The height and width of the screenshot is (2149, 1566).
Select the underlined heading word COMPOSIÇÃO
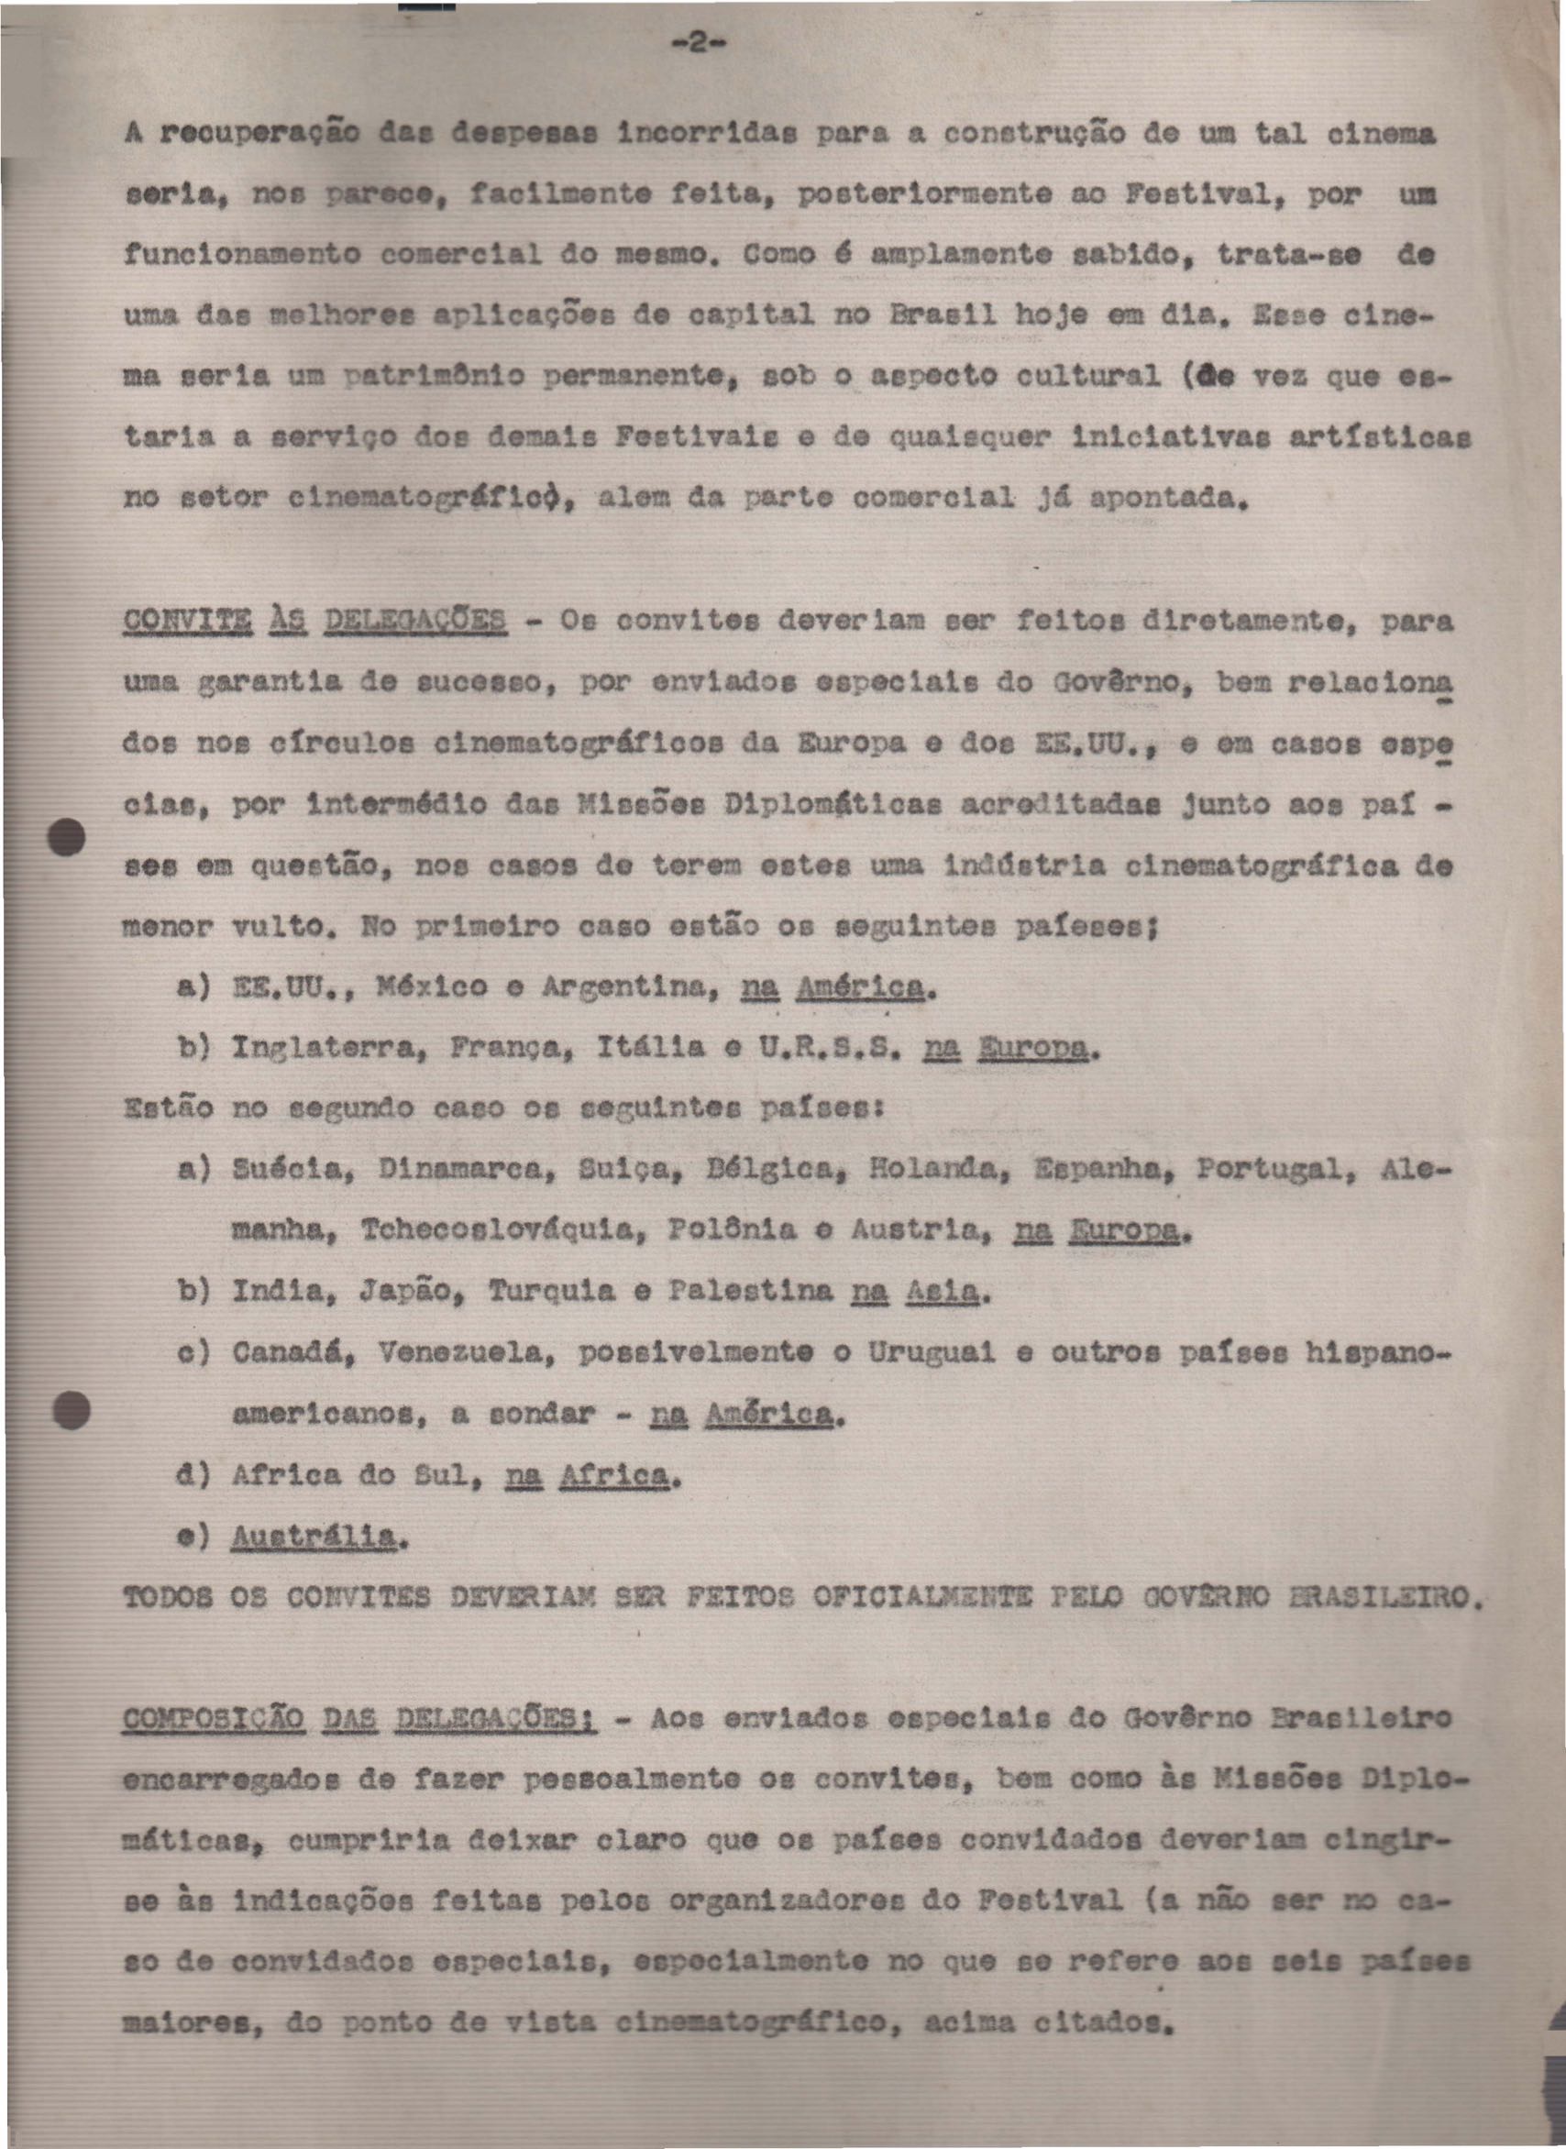(214, 1718)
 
